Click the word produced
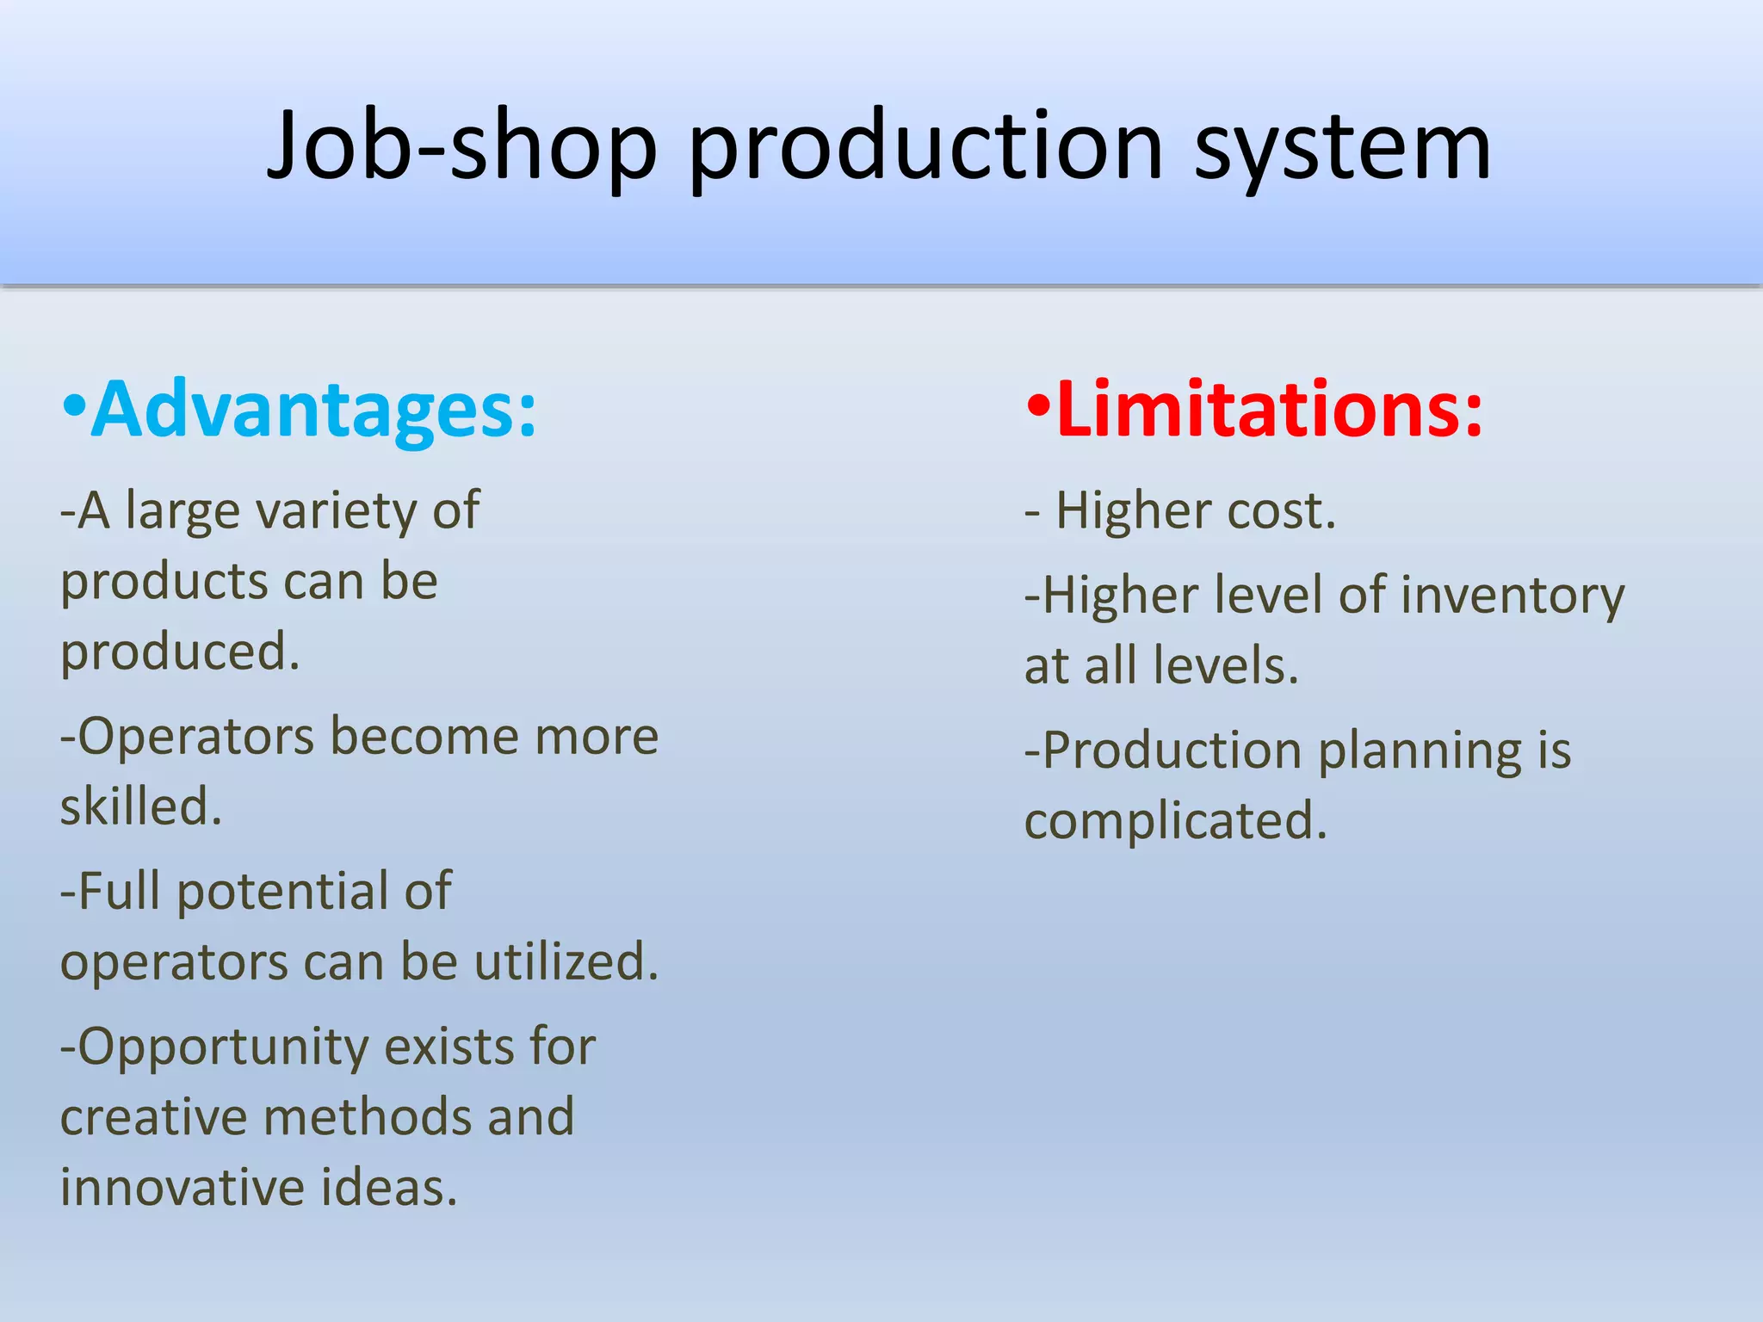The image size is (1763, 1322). click(180, 652)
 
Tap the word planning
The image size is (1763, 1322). click(1420, 751)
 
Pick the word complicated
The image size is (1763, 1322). click(1176, 821)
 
